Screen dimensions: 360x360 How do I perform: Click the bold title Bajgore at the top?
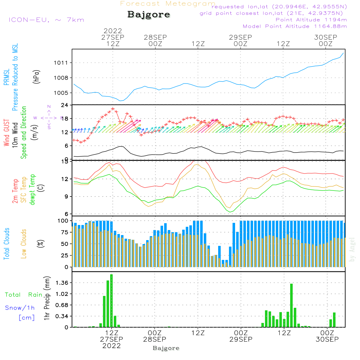click(149, 15)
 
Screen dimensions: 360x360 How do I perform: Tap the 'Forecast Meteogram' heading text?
click(167, 4)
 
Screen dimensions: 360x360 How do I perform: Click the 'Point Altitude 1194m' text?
click(311, 19)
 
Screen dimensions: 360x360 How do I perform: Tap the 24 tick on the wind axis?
click(65, 105)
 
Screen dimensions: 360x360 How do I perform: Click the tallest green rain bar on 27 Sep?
click(112, 301)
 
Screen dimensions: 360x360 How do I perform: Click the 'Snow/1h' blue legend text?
click(20, 308)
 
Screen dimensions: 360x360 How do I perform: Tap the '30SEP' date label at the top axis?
click(325, 37)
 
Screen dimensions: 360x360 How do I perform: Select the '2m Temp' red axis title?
click(15, 190)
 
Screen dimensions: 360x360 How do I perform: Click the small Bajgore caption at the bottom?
click(166, 348)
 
